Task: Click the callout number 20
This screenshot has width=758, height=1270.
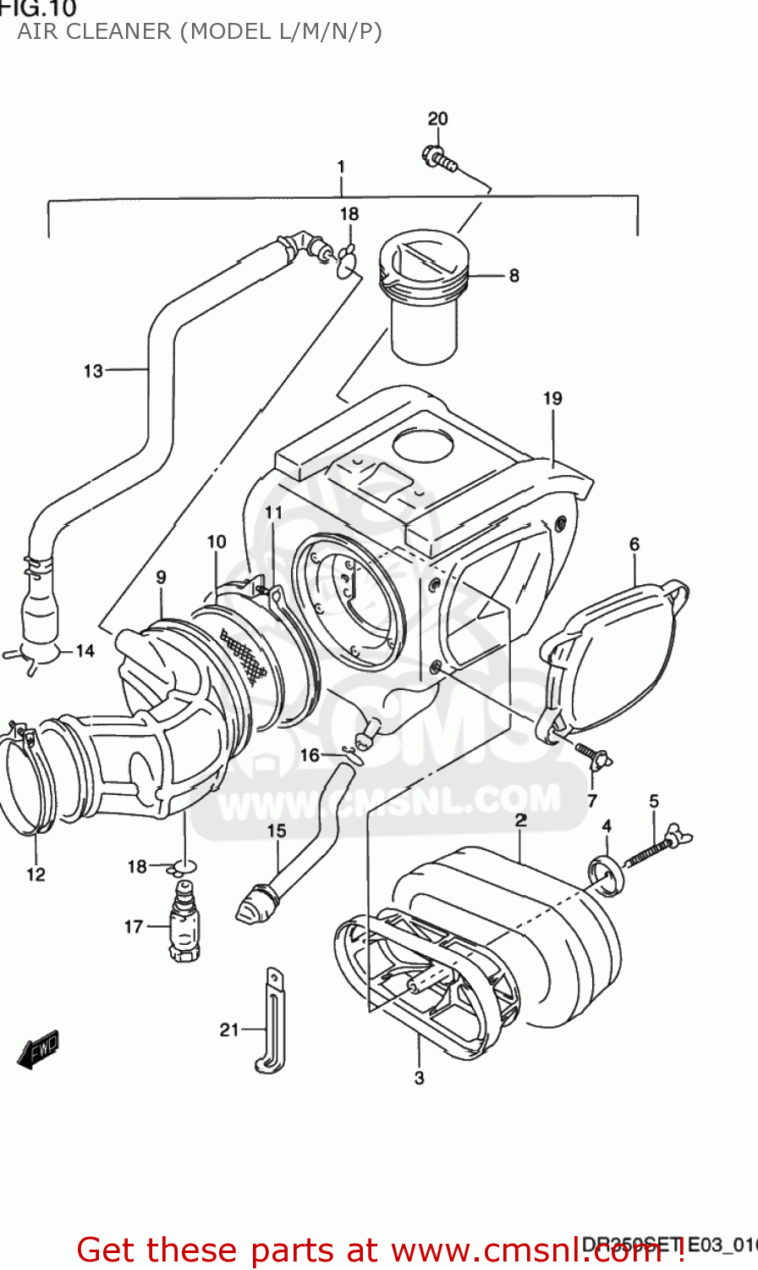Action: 437,119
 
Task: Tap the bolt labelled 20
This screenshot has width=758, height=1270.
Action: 438,157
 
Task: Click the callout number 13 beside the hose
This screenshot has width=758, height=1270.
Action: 93,371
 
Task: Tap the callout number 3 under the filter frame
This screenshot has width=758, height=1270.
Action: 419,1078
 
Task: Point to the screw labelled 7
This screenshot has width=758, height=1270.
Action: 592,755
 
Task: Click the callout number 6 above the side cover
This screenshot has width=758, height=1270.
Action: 634,544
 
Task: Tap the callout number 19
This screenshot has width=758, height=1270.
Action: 552,398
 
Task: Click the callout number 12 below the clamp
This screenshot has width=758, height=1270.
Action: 36,875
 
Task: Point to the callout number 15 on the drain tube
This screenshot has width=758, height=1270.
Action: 277,831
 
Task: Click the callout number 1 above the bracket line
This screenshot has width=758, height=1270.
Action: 341,167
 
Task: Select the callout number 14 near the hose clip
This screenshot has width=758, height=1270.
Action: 85,651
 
